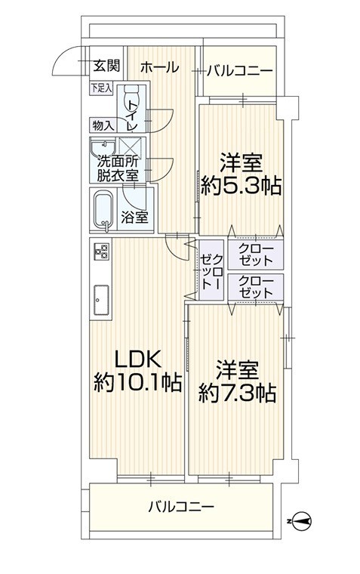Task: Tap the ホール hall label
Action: tap(159, 67)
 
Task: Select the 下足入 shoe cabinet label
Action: tap(102, 88)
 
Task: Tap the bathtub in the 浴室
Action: tap(103, 210)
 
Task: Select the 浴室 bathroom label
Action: tap(134, 218)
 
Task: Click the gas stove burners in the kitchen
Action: tap(101, 251)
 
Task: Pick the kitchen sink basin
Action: tap(101, 299)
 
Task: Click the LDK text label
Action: tap(138, 360)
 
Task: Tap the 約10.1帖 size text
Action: tap(137, 383)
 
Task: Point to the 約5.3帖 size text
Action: tap(241, 187)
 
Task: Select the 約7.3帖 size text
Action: tap(237, 393)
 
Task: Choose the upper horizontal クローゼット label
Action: tap(256, 255)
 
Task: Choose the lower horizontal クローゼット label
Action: tap(256, 287)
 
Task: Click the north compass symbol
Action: tap(302, 520)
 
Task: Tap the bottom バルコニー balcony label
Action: tap(180, 507)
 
